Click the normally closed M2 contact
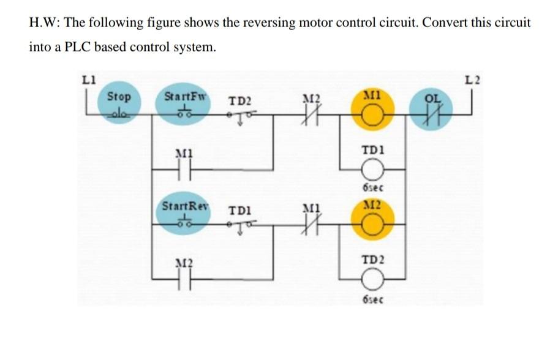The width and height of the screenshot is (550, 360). tap(311, 114)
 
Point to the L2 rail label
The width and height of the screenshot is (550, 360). tap(472, 78)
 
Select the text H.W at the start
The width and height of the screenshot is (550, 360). tap(43, 23)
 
